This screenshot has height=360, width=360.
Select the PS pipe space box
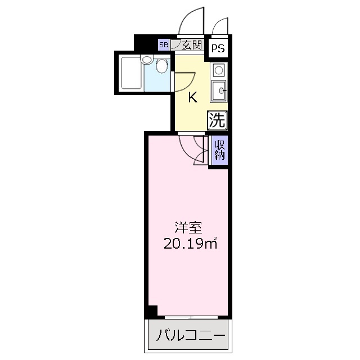pos(218,49)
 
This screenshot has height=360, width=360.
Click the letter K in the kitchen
pos(192,97)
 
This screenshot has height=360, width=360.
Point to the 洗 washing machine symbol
pos(218,119)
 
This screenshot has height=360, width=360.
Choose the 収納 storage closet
pos(220,150)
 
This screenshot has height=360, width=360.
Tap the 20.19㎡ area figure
pos(190,244)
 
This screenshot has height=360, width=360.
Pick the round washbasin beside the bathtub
pos(147,59)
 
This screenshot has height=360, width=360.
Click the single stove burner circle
pos(218,70)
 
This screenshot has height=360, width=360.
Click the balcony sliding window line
pos(191,317)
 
